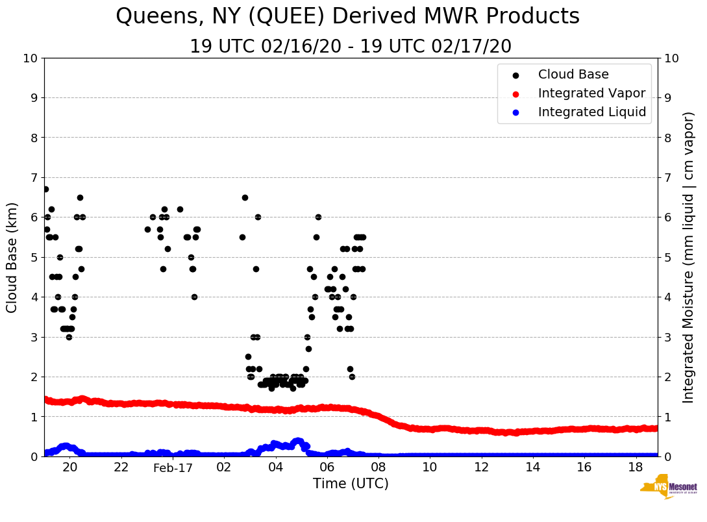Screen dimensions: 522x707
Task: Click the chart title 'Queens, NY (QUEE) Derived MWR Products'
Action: (347, 16)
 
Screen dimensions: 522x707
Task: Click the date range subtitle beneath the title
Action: (351, 47)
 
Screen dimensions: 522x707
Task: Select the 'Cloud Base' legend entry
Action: (573, 75)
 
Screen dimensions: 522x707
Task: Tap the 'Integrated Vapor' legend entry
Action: (591, 93)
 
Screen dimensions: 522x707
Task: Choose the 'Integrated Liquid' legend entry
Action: (592, 112)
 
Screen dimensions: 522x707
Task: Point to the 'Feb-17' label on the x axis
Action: (173, 467)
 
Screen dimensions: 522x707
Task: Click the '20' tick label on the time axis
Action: (69, 467)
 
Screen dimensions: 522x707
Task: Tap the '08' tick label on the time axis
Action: (378, 467)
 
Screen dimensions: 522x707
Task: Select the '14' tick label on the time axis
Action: (532, 467)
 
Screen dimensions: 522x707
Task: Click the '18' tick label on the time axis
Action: (636, 467)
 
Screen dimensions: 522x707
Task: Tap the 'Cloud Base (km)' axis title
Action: (12, 257)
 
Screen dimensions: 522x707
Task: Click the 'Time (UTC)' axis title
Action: (351, 484)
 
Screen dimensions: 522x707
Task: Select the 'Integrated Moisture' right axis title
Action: (689, 257)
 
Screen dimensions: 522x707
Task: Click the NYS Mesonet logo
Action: (668, 490)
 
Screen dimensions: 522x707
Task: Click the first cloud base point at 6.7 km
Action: (45, 189)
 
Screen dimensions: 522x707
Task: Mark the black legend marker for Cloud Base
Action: (515, 75)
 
